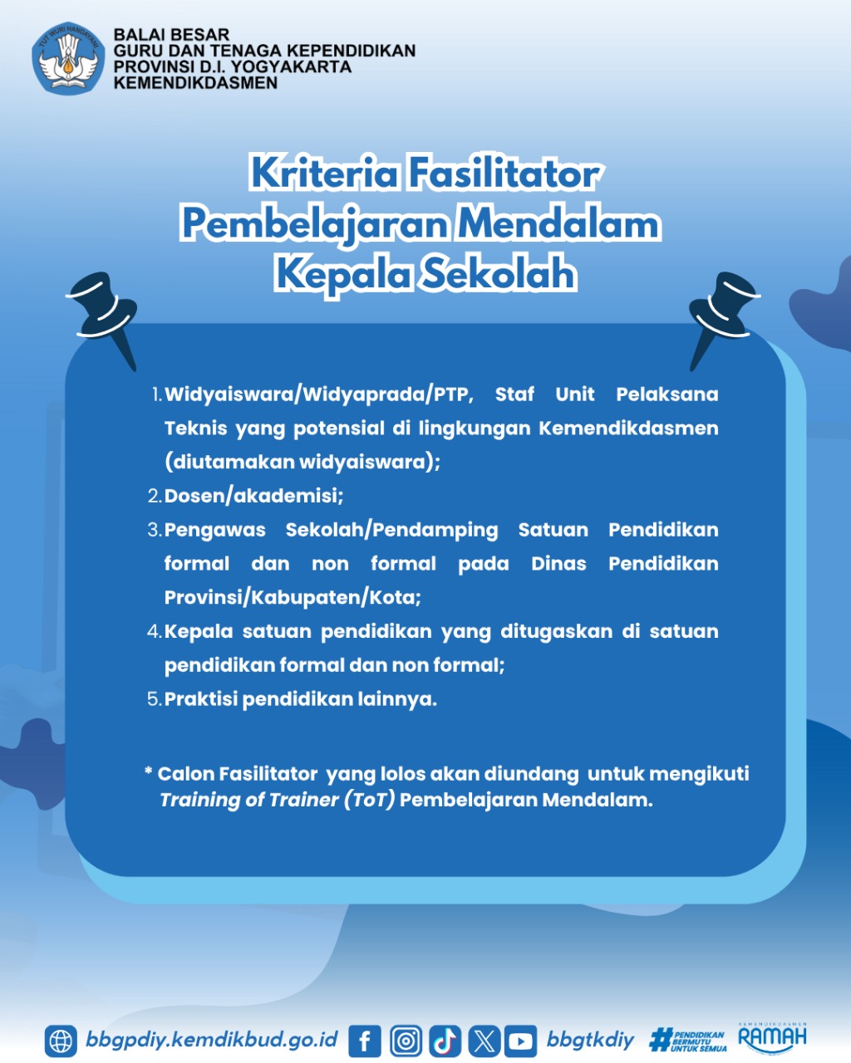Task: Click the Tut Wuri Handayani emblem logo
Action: (x=68, y=58)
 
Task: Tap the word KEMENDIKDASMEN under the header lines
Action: (x=195, y=82)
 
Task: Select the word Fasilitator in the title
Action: (x=503, y=174)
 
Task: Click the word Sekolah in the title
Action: (x=498, y=275)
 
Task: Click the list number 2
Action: (x=155, y=496)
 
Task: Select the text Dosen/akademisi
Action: (x=253, y=496)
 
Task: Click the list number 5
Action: (x=155, y=699)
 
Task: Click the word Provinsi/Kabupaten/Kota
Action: (x=292, y=598)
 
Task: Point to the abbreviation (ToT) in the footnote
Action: (x=369, y=800)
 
